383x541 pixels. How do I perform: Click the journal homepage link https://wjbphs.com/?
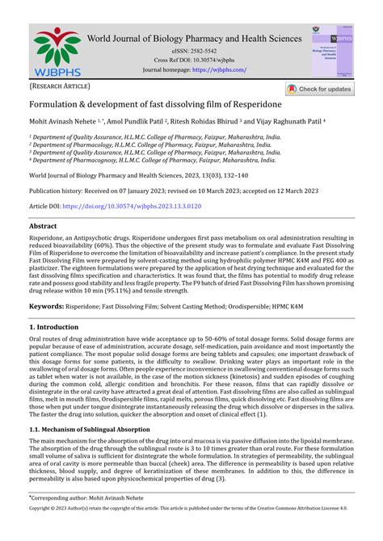219,70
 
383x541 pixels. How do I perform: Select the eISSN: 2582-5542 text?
194,50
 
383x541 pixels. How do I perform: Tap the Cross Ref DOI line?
194,60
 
